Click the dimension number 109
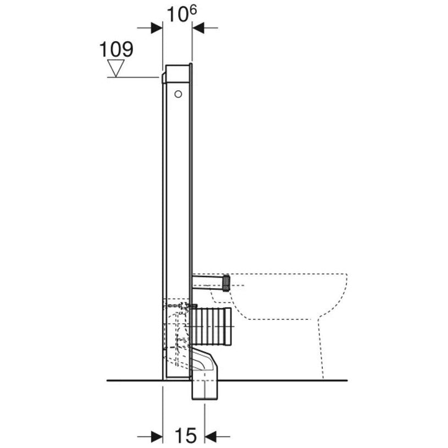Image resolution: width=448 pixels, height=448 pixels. tap(116, 49)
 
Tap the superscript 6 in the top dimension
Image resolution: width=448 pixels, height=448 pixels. tap(193, 10)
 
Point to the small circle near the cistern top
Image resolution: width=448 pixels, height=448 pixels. tap(178, 94)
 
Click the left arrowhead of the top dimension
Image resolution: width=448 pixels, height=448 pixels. tap(157, 28)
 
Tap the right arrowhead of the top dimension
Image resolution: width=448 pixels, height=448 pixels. tap(198, 28)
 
